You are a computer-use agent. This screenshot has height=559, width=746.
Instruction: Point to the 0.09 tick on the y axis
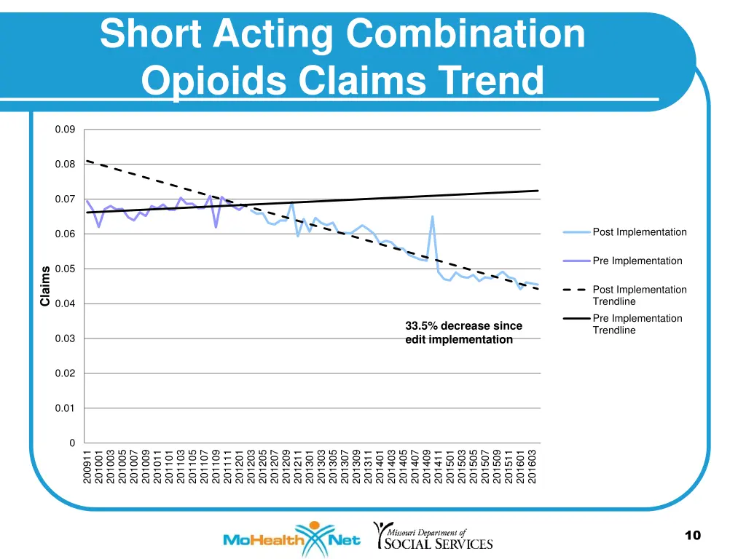click(x=65, y=130)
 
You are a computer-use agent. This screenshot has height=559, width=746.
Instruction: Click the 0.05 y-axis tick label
click(x=65, y=269)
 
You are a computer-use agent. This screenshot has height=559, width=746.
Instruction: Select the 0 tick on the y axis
click(x=71, y=443)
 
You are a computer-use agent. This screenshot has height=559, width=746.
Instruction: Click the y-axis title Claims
click(x=45, y=286)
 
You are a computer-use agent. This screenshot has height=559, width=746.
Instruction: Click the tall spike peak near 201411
click(x=432, y=216)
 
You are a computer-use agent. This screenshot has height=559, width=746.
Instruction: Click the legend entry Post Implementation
click(x=639, y=232)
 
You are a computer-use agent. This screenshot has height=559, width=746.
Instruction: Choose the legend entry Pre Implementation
click(x=637, y=261)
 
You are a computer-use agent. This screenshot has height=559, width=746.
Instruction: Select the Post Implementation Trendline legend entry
click(x=639, y=296)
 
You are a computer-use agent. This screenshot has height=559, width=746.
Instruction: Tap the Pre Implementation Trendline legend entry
click(x=637, y=324)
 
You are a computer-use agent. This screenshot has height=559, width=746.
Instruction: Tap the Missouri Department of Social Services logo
click(x=433, y=536)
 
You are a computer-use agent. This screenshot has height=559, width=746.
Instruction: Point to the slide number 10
click(x=692, y=536)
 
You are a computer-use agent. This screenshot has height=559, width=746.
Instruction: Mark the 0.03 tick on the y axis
click(x=65, y=338)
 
